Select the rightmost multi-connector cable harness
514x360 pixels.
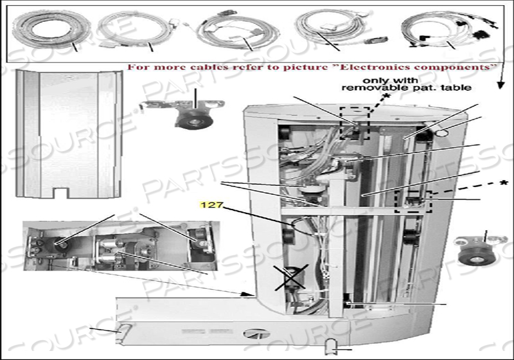tap(450, 30)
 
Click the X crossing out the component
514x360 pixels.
tap(290, 277)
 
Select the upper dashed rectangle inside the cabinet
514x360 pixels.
tap(355, 122)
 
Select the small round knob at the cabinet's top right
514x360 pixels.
tap(441, 132)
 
